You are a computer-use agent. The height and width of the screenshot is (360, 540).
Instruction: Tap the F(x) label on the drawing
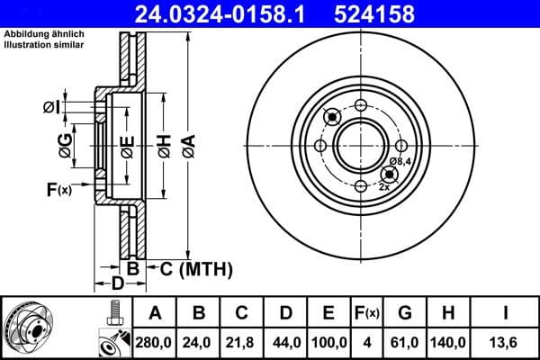tap(58, 189)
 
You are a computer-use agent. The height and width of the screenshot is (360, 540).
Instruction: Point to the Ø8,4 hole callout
tap(400, 161)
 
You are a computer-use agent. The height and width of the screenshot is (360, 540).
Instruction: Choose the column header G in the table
tap(405, 313)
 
